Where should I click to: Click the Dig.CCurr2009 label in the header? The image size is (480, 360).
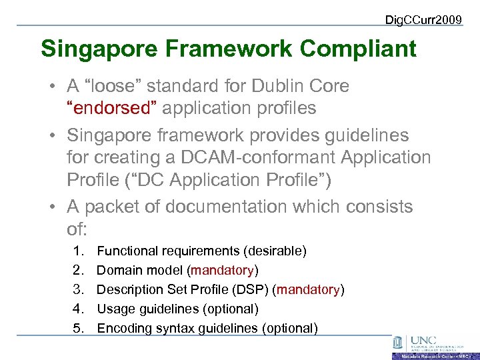coord(423,20)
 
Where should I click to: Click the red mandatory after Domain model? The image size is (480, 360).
coord(223,271)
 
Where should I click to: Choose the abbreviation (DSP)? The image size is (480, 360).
coord(253,290)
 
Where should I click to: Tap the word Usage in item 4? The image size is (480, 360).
coord(113,309)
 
